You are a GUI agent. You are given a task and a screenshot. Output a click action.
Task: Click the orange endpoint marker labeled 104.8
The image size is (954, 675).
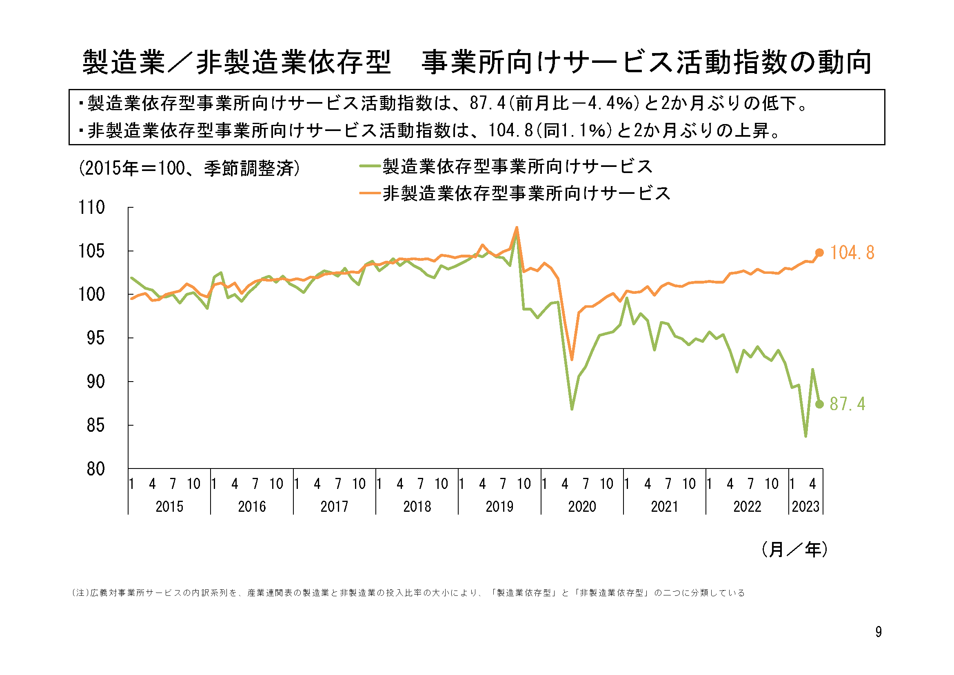pyautogui.click(x=819, y=253)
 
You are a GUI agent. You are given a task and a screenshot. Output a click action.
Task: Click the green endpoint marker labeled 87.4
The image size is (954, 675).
pyautogui.click(x=819, y=404)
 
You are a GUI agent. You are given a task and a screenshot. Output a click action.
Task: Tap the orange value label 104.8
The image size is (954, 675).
pyautogui.click(x=852, y=253)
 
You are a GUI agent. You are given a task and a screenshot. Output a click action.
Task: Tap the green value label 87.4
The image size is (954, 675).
pyautogui.click(x=847, y=404)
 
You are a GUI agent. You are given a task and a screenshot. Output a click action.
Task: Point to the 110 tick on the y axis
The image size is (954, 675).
pyautogui.click(x=92, y=207)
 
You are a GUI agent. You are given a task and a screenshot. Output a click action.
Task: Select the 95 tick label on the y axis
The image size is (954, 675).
pyautogui.click(x=95, y=338)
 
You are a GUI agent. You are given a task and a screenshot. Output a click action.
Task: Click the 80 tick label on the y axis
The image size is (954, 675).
pyautogui.click(x=95, y=469)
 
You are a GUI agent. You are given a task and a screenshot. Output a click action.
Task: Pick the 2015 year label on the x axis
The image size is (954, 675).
pyautogui.click(x=169, y=507)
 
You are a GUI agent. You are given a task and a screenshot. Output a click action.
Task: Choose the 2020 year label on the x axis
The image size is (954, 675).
pyautogui.click(x=582, y=507)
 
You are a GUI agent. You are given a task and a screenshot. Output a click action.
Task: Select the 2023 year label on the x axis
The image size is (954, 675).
pyautogui.click(x=805, y=507)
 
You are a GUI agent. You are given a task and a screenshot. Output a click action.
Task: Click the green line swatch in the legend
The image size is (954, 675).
pyautogui.click(x=370, y=166)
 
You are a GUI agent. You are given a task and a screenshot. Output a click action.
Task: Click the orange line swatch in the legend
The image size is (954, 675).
pyautogui.click(x=370, y=193)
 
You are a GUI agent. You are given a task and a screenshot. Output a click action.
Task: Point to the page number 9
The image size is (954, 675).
pyautogui.click(x=879, y=632)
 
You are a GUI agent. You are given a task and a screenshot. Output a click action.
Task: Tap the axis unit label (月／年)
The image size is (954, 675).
pyautogui.click(x=794, y=549)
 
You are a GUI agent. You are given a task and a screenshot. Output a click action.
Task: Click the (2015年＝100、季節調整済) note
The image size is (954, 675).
pyautogui.click(x=189, y=168)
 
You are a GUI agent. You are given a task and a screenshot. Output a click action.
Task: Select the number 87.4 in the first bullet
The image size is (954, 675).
pyautogui.click(x=487, y=103)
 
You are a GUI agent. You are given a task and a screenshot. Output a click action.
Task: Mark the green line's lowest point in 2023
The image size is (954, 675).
pyautogui.click(x=805, y=436)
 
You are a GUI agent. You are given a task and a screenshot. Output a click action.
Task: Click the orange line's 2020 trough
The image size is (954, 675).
pyautogui.click(x=572, y=360)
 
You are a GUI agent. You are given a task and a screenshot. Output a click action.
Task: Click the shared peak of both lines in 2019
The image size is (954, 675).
pyautogui.click(x=517, y=228)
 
